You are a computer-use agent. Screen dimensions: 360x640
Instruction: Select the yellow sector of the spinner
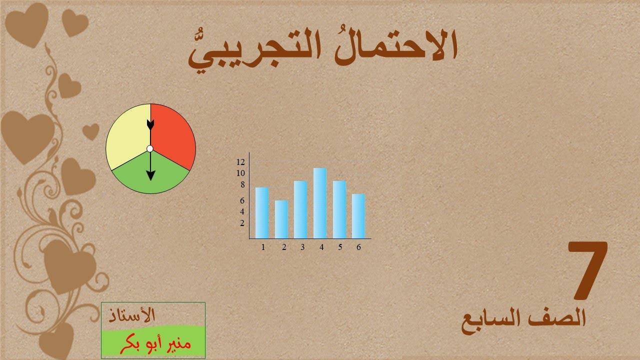coord(127,135)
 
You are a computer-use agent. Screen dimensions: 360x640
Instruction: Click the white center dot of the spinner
coord(150,148)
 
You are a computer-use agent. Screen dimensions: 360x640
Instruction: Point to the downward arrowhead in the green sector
coord(150,174)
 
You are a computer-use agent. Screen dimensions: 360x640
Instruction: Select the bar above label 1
coord(262,212)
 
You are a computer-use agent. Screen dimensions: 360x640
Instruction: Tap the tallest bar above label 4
coord(320,202)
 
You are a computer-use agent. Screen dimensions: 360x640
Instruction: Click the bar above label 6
coord(358,215)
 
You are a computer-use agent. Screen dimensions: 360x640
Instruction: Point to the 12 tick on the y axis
coord(240,162)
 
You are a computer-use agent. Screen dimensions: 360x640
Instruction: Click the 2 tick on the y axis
coord(242,223)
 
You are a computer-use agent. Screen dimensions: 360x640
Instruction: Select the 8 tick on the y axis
coord(242,185)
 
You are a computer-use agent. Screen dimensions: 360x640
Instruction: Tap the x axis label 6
coord(358,247)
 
